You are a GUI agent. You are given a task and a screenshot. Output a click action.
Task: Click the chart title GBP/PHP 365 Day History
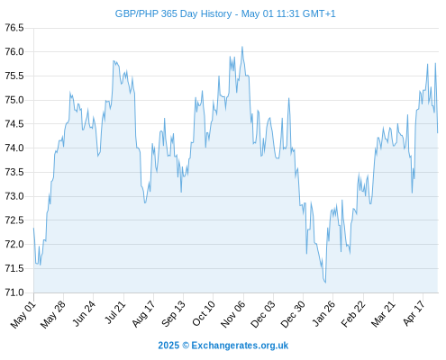point(173,13)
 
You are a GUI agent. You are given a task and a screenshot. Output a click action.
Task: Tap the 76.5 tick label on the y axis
point(14,28)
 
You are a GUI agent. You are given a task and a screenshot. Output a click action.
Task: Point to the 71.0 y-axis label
point(14,292)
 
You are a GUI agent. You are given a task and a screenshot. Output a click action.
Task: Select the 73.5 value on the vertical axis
point(14,172)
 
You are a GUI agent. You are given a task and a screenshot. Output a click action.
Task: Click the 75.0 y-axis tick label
point(14,100)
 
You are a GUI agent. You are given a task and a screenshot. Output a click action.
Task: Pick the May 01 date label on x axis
point(23,314)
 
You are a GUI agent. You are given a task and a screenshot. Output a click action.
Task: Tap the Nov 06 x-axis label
point(232,314)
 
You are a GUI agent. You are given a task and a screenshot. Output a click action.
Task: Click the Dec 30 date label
point(293,314)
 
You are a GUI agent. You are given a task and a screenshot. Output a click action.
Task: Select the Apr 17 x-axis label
point(414,313)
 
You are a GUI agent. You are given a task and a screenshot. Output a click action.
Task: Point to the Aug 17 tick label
point(143,314)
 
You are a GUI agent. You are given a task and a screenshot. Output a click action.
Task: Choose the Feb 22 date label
point(353,314)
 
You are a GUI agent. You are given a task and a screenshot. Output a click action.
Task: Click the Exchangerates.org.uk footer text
point(240,346)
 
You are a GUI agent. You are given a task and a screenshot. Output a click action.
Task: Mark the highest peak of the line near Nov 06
point(242,47)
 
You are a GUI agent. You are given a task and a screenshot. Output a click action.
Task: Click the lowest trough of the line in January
point(325,283)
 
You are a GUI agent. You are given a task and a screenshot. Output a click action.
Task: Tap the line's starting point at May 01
point(33,228)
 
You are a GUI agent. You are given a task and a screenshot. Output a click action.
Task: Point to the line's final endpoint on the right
point(438,132)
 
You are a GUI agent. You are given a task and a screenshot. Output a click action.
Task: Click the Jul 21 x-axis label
point(114,313)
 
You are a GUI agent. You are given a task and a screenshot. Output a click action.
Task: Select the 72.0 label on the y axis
point(14,244)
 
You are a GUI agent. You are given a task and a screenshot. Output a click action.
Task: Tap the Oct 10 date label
point(204,313)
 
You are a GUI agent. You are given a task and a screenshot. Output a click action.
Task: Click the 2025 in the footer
point(168,346)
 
